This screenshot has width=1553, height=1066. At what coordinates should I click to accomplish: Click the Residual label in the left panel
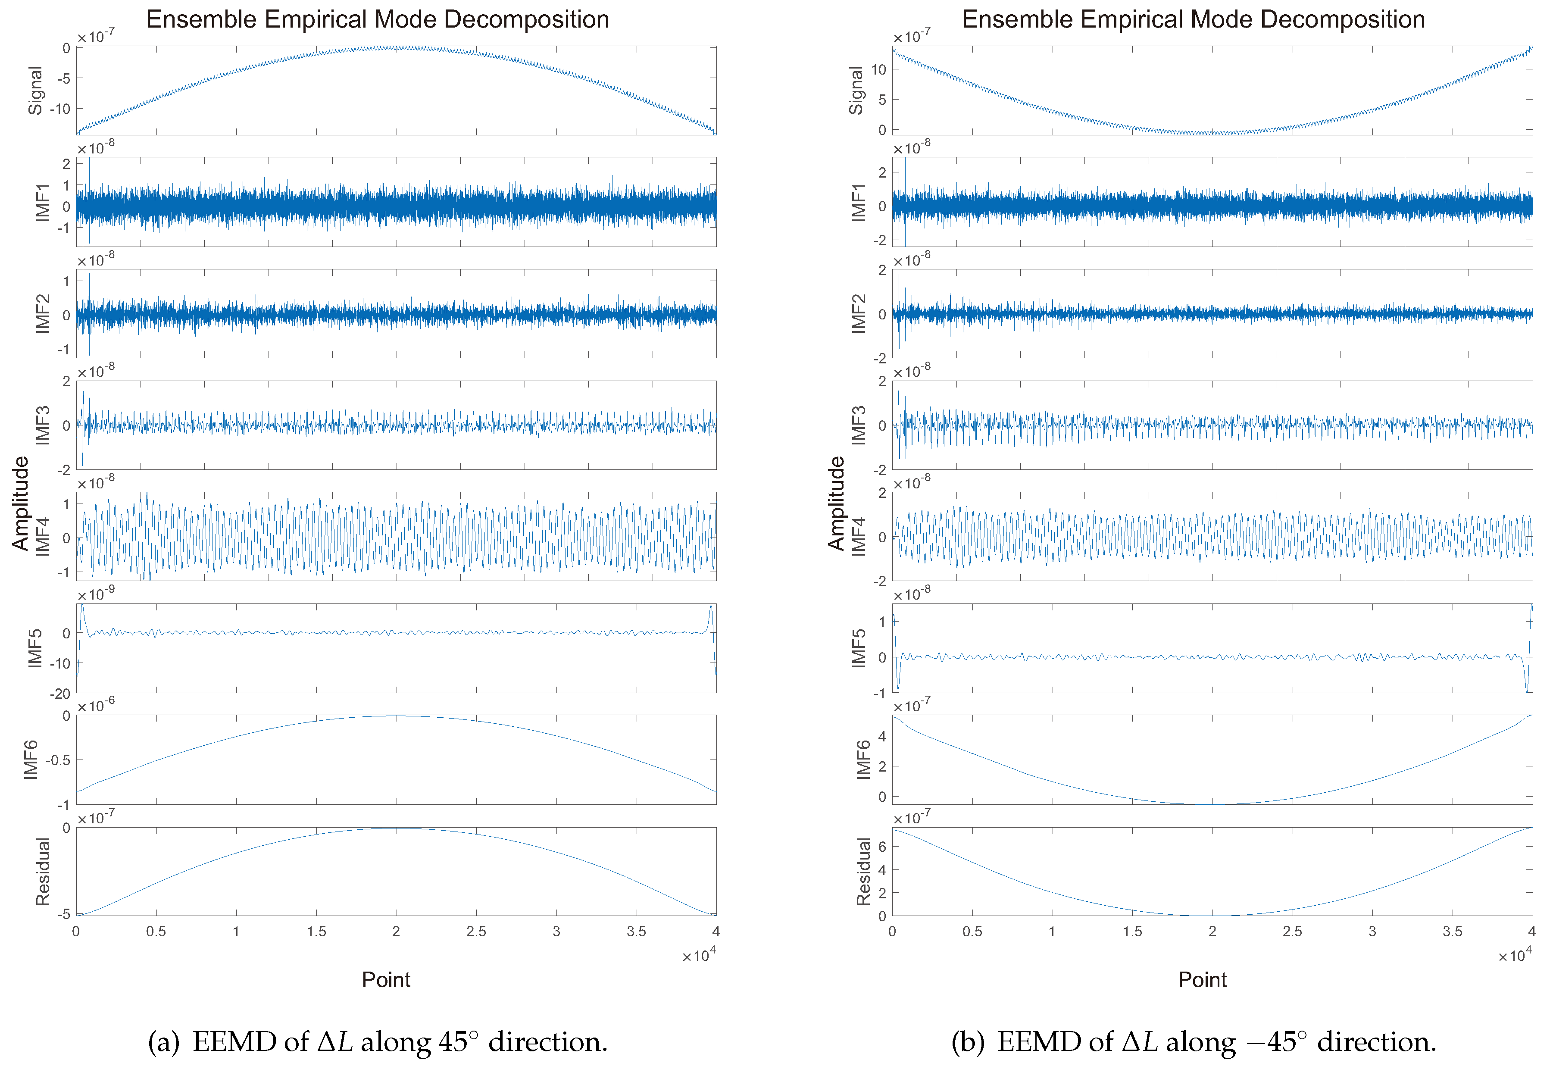(x=43, y=872)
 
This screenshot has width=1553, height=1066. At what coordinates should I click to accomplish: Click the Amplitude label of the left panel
(x=21, y=503)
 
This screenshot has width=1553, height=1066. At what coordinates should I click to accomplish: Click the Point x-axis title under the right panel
(x=1202, y=980)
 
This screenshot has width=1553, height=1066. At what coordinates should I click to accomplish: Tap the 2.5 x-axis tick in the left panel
(x=476, y=932)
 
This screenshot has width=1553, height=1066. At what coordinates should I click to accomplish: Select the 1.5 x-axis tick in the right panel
(x=1131, y=932)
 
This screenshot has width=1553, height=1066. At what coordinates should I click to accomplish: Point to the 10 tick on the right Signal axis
(x=878, y=69)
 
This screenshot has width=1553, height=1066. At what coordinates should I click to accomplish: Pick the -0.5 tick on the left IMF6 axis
(x=57, y=760)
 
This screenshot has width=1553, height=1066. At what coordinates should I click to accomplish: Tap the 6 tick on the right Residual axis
(x=881, y=847)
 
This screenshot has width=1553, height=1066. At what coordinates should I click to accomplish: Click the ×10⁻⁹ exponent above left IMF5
(x=96, y=594)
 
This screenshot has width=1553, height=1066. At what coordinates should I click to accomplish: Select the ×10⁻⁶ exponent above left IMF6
(x=96, y=705)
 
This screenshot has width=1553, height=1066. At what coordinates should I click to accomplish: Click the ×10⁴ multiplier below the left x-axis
(x=698, y=955)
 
